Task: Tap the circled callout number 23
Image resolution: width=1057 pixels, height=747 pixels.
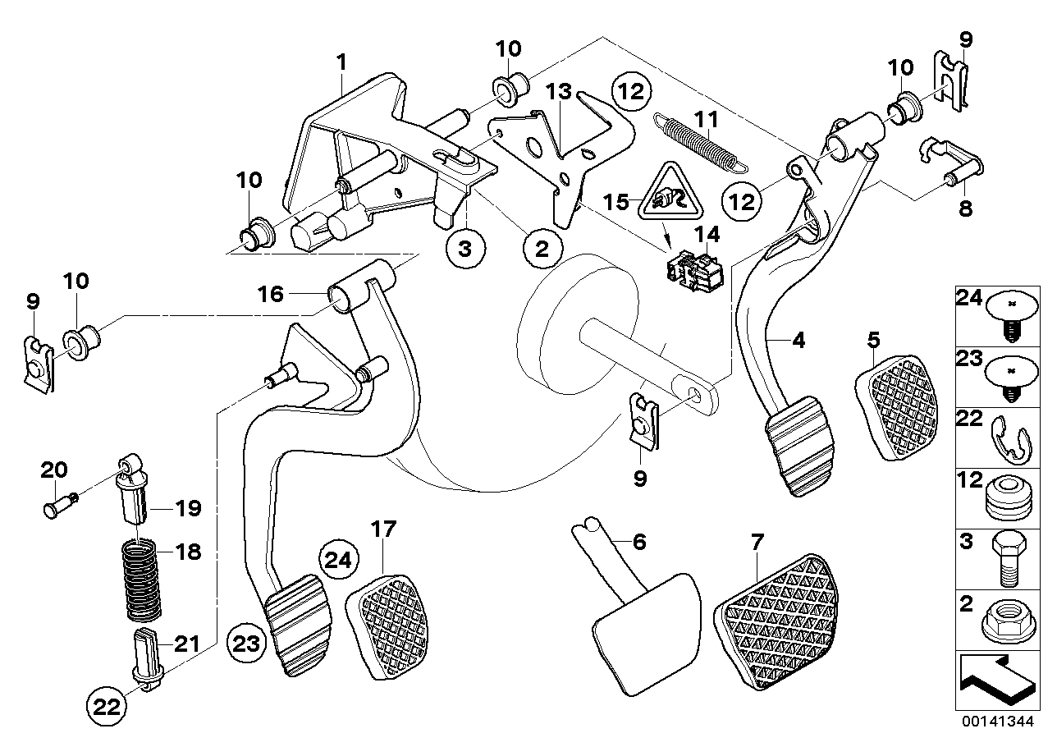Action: (x=245, y=642)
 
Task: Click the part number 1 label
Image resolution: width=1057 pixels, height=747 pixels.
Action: (x=341, y=61)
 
